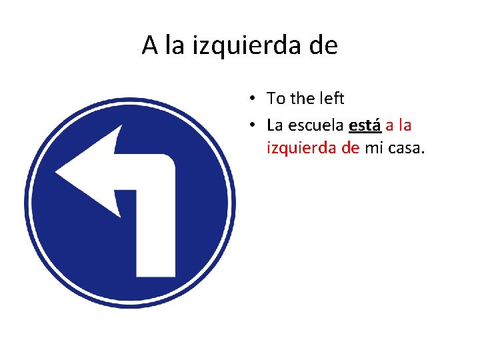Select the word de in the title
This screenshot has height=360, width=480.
point(323,45)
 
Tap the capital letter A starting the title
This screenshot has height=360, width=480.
point(150,45)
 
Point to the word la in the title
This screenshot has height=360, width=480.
point(174,45)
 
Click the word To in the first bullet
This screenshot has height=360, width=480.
point(275,99)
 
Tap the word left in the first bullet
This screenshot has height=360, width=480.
point(331,99)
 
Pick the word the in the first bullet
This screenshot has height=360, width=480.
point(303,99)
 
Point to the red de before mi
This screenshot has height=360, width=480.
point(350,147)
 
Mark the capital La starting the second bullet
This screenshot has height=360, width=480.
point(275,125)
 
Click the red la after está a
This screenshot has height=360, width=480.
point(405,125)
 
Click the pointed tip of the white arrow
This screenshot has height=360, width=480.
point(57,173)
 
